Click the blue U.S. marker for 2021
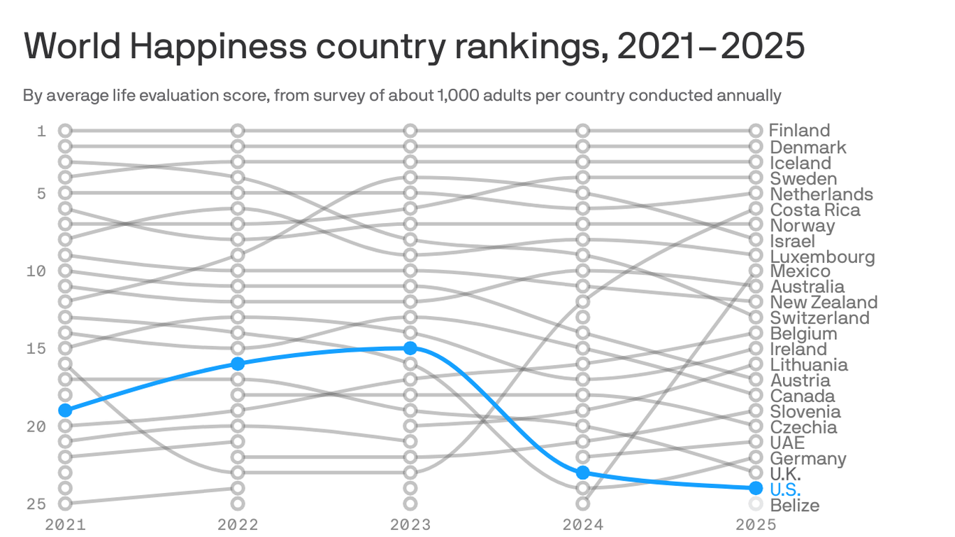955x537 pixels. pyautogui.click(x=65, y=410)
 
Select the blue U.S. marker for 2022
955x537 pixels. pyautogui.click(x=238, y=364)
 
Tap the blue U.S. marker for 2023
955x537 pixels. pyautogui.click(x=410, y=348)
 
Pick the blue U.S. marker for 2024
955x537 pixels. pyautogui.click(x=583, y=473)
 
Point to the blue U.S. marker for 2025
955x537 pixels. pyautogui.click(x=755, y=488)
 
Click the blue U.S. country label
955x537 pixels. pyautogui.click(x=785, y=489)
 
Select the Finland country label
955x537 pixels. pyautogui.click(x=799, y=131)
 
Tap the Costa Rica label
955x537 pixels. pyautogui.click(x=814, y=210)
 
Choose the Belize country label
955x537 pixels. pyautogui.click(x=794, y=505)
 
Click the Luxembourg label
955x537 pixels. pyautogui.click(x=822, y=257)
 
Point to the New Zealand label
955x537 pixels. pyautogui.click(x=824, y=302)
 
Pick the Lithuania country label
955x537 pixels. pyautogui.click(x=809, y=364)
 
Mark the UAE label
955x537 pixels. pyautogui.click(x=787, y=443)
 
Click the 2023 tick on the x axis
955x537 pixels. pyautogui.click(x=410, y=524)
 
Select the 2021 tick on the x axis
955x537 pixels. pyautogui.click(x=65, y=524)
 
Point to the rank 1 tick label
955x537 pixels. pyautogui.click(x=41, y=131)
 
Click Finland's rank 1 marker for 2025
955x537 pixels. pyautogui.click(x=755, y=131)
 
